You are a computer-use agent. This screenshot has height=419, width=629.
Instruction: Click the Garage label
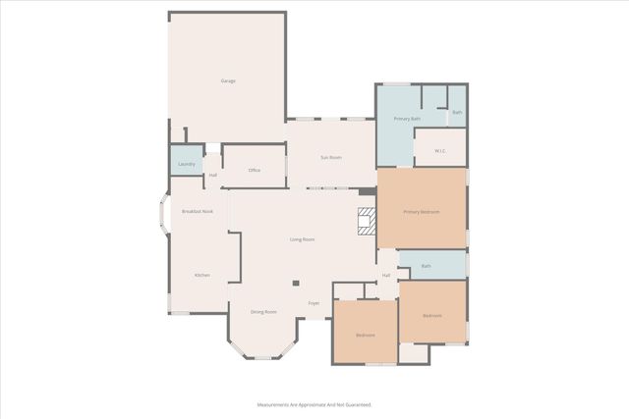click(x=227, y=80)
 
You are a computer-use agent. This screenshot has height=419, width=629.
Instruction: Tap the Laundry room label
click(x=186, y=163)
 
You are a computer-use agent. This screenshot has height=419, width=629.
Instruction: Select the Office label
click(x=254, y=171)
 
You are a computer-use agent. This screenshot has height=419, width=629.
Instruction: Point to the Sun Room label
click(x=330, y=157)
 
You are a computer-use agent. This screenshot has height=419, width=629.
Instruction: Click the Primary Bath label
click(x=407, y=119)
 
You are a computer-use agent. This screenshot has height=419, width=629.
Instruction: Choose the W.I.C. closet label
click(x=438, y=150)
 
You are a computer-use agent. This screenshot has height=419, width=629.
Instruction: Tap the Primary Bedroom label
click(x=422, y=212)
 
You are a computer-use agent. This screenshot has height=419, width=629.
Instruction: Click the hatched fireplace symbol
click(x=367, y=222)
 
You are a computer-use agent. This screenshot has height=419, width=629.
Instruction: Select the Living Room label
click(x=302, y=239)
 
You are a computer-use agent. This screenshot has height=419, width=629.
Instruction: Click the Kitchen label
click(x=201, y=275)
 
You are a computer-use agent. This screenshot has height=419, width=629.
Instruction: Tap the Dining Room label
click(x=263, y=312)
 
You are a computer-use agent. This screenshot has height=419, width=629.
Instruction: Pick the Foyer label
click(x=314, y=303)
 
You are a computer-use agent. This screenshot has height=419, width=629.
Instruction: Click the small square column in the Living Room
click(x=295, y=284)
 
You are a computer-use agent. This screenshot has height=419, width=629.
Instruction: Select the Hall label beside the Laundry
click(x=212, y=175)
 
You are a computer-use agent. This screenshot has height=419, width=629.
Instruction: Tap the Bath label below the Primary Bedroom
click(x=426, y=266)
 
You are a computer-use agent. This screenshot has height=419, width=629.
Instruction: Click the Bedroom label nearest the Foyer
click(x=366, y=336)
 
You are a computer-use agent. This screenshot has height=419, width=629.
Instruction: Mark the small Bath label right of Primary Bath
click(x=457, y=113)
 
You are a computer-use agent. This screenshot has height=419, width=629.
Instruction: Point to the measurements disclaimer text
click(x=314, y=404)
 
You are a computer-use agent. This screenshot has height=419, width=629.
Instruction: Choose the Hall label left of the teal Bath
click(x=386, y=275)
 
